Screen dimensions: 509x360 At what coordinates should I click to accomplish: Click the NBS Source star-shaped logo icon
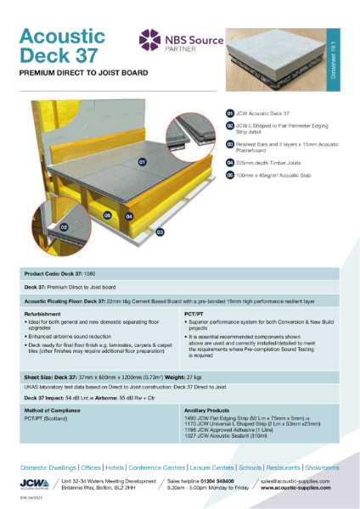150,40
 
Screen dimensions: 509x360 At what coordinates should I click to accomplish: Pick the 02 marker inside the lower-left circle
39,227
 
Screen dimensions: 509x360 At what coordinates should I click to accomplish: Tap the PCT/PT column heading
193,313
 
